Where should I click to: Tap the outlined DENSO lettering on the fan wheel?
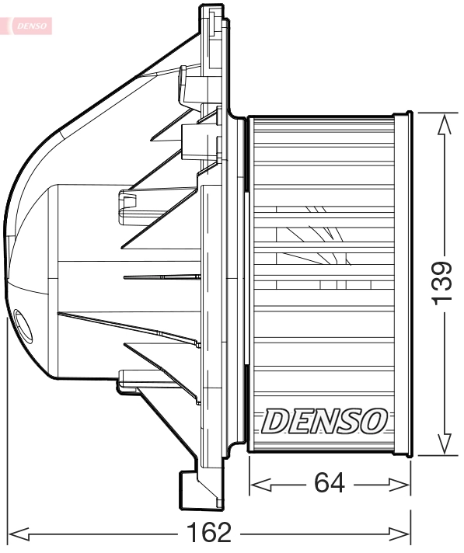[x=324, y=422]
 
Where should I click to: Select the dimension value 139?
[x=441, y=283]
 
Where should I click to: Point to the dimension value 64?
[x=330, y=484]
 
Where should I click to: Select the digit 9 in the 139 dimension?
[x=441, y=267]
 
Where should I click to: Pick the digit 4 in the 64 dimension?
[x=337, y=484]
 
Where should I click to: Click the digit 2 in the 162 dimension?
[x=224, y=534]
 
